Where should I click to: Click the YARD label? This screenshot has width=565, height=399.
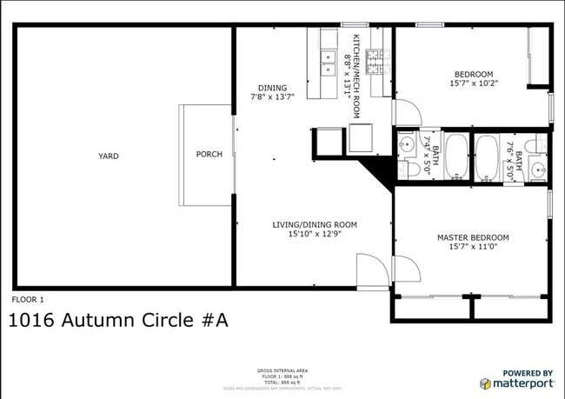pos(108,156)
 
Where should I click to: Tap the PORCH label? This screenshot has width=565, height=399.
pos(209,155)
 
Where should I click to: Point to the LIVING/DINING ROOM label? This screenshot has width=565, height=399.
pos(315,224)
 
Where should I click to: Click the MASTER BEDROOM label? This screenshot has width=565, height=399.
pos(472,237)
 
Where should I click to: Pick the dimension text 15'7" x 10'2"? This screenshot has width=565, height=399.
pos(472,83)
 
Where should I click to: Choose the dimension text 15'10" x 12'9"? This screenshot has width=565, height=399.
pos(315,234)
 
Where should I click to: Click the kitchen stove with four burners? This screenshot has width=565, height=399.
pos(376,61)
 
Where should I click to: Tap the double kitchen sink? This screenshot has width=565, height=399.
pos(329,59)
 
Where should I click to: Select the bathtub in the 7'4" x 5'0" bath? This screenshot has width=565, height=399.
pos(455,156)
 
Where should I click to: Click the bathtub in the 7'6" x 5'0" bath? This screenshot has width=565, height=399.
pos(486,156)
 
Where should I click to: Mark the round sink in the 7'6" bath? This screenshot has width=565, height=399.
pos(538,169)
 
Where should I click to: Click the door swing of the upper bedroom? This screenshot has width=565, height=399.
pos(404,112)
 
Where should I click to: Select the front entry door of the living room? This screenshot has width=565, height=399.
pos(369,269)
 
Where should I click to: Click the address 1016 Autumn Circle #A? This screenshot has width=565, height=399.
pos(118,321)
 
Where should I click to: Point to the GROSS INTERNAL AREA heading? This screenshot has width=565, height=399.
pos(282,369)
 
